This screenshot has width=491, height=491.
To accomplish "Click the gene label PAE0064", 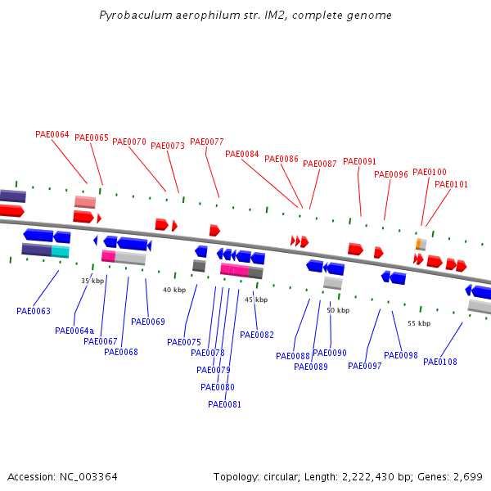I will click(x=52, y=134).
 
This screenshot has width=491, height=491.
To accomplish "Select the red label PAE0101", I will click(x=451, y=184).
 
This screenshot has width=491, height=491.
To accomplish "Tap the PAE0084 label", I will click(x=241, y=154).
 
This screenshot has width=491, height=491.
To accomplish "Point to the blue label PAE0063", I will click(x=34, y=311).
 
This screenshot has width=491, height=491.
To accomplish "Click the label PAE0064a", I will click(x=74, y=331).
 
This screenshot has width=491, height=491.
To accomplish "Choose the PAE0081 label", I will click(x=225, y=404).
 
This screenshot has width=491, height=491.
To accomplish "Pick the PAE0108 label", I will click(x=440, y=362).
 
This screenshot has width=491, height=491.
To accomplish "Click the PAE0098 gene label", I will click(x=401, y=355).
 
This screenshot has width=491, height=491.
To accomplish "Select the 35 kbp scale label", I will click(x=92, y=281).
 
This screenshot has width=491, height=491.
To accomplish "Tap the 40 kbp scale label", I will click(x=174, y=290).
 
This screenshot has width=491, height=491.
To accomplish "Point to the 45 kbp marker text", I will click(x=256, y=300).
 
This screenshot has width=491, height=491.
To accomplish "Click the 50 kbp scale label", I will click(x=338, y=310).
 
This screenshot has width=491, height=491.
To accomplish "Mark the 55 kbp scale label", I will click(x=419, y=323).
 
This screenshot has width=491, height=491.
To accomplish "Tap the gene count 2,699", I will click(x=469, y=476).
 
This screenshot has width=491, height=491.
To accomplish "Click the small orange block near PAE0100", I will click(x=418, y=244).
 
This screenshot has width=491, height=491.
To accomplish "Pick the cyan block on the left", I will click(x=61, y=251).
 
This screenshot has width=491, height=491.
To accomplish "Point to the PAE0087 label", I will click(x=320, y=164).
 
